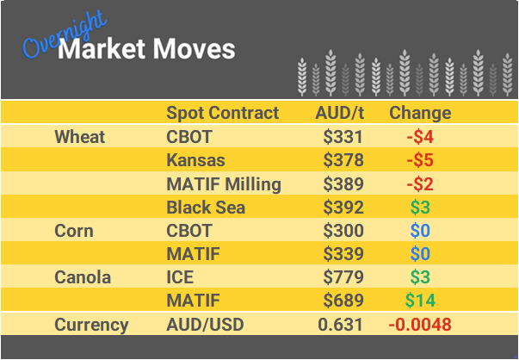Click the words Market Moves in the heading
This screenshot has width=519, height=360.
click(146, 49)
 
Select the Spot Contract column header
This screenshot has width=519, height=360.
click(222, 113)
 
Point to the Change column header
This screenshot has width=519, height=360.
click(420, 113)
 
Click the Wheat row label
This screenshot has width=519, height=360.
click(79, 137)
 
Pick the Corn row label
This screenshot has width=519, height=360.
click(74, 231)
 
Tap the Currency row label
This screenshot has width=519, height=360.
click(91, 325)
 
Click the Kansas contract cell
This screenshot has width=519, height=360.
click(195, 160)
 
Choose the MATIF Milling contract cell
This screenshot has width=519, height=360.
click(224, 183)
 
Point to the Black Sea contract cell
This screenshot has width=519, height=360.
click(206, 207)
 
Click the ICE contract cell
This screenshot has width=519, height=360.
click(180, 277)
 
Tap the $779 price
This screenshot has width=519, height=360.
click(343, 277)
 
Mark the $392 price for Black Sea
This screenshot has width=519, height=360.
click(343, 207)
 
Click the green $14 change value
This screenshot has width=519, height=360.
click(420, 301)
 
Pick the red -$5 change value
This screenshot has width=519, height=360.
click(420, 160)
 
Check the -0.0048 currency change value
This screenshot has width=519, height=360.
click(420, 325)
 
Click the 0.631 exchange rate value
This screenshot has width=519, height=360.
click(341, 325)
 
